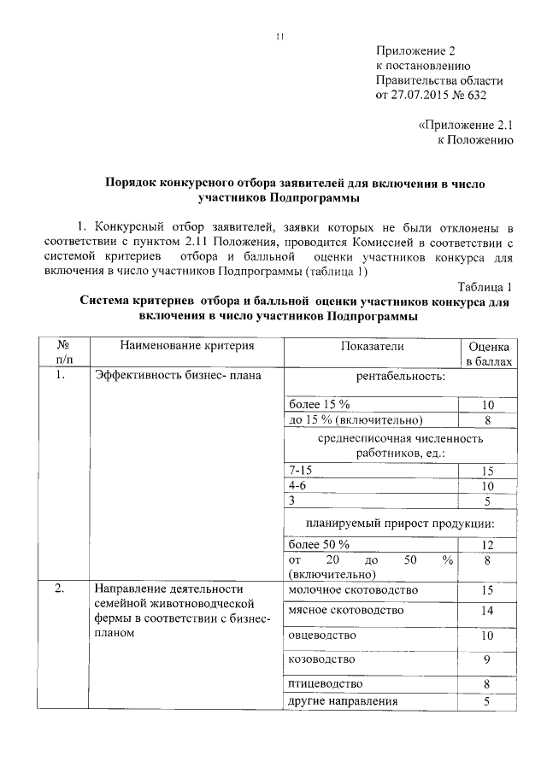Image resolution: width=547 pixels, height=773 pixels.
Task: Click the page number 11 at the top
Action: [x=279, y=36]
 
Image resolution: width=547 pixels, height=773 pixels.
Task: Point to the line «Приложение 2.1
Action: [x=464, y=125]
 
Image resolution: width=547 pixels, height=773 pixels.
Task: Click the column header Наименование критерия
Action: [x=187, y=346]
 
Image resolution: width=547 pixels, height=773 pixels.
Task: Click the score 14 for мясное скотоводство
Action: [x=488, y=612]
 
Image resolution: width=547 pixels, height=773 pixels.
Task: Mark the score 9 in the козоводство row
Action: [x=488, y=659]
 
